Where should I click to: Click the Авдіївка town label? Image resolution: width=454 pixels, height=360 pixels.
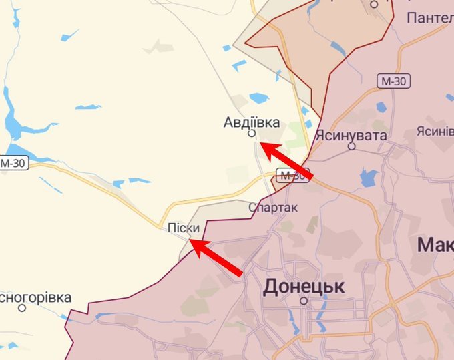(x=252, y=122)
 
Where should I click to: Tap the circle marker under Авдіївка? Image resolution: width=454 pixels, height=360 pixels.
(x=252, y=134)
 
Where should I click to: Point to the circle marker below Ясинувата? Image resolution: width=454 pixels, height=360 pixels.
(x=352, y=146)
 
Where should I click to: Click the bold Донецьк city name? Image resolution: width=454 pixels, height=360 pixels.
(x=304, y=287)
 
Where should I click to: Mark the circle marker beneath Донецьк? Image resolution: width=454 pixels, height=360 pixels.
(x=304, y=301)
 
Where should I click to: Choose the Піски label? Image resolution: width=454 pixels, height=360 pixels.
(x=184, y=228)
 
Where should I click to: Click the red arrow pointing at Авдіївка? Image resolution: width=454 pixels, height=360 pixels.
(x=285, y=160)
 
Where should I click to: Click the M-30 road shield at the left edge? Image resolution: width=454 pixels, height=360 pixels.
(x=13, y=162)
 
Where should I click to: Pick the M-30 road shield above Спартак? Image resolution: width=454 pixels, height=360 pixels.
(x=293, y=176)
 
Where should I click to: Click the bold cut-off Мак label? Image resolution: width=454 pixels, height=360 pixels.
(x=435, y=244)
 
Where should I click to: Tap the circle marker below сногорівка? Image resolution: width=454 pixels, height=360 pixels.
(x=22, y=308)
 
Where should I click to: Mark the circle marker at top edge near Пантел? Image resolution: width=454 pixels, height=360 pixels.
(x=374, y=4)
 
